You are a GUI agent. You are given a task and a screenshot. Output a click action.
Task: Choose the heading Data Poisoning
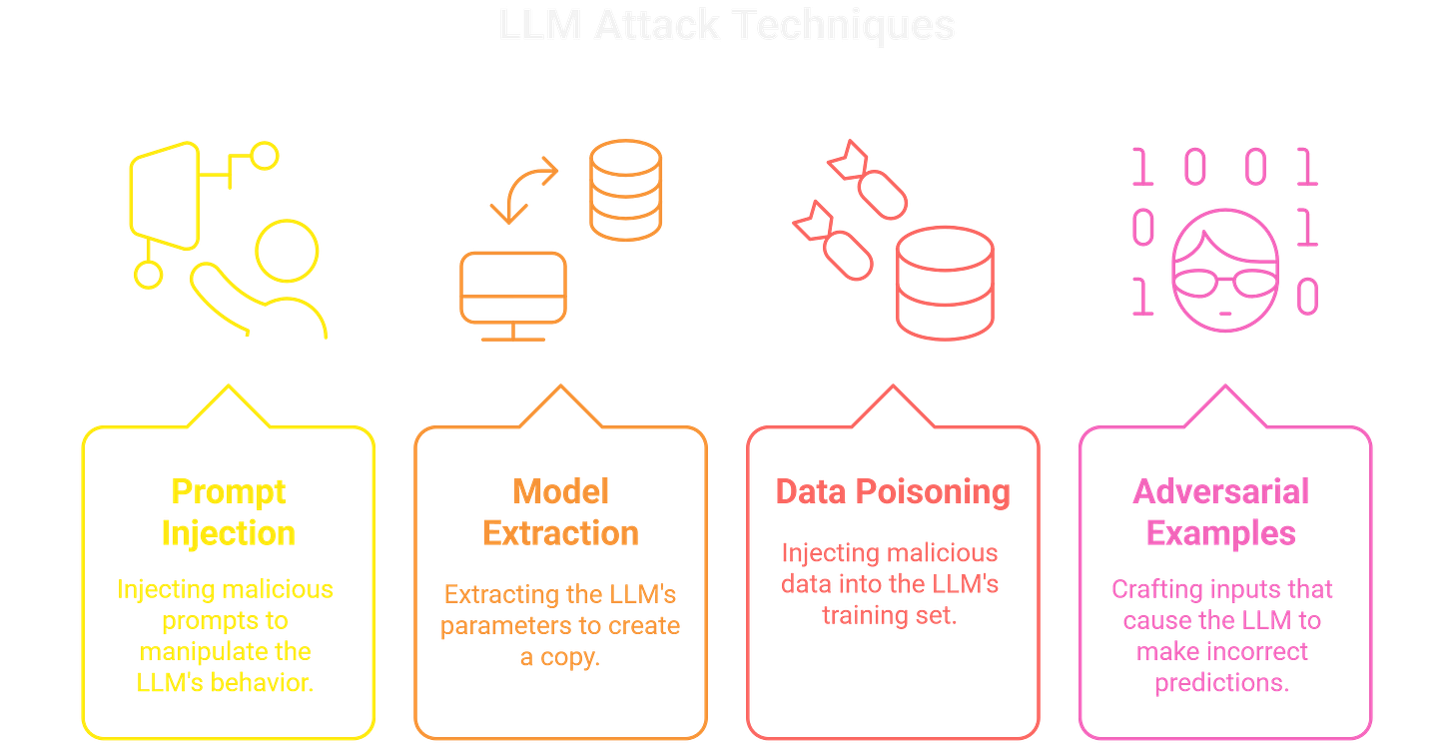893,491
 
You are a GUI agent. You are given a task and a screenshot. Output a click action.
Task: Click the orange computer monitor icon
512,287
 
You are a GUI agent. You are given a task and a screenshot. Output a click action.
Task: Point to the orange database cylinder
625,191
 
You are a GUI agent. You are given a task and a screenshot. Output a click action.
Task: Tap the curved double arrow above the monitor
525,189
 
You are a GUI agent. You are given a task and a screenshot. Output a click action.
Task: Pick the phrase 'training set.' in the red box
889,616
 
